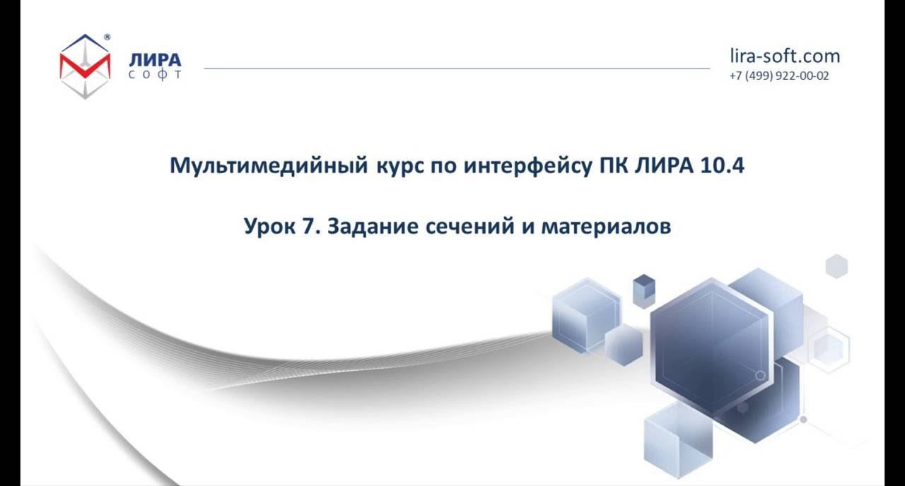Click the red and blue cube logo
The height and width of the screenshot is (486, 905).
pos(85,66)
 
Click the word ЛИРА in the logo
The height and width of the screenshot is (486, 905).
pos(155,60)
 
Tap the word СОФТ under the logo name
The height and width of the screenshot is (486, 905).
pos(155,74)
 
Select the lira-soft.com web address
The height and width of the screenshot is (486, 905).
pos(785,56)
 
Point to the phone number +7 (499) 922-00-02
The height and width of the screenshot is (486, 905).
pos(779,76)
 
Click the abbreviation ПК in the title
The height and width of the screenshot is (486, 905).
pos(605,165)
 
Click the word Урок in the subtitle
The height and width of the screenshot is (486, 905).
pos(270,227)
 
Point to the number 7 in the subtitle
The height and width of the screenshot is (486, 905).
pos(311,227)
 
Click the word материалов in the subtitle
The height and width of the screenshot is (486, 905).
pos(606,227)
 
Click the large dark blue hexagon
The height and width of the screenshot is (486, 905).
pos(709,346)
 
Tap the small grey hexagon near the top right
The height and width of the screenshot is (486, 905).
pos(836,266)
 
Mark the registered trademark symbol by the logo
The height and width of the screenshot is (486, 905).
pos(107,37)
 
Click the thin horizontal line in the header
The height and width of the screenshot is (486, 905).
pos(456,69)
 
